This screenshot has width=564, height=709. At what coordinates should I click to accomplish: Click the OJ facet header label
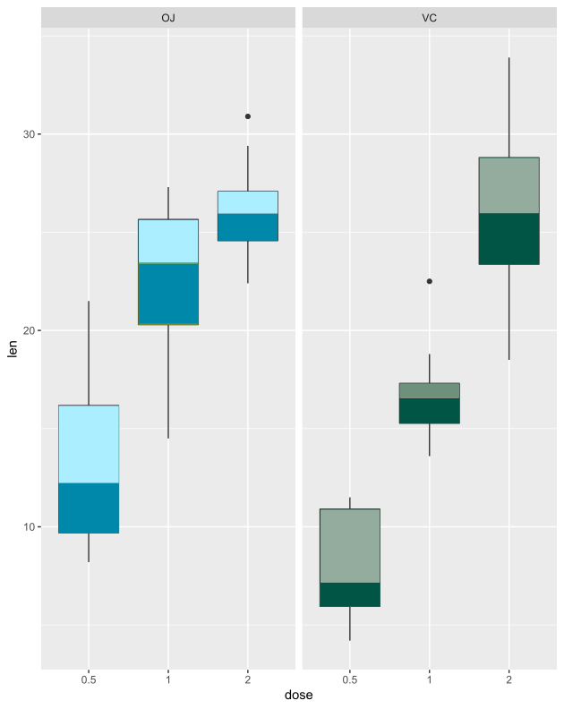click(168, 18)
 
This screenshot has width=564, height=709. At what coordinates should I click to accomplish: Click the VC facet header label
click(430, 18)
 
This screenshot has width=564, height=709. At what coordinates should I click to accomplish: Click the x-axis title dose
click(298, 696)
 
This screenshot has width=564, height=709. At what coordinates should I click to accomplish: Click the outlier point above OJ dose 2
click(248, 116)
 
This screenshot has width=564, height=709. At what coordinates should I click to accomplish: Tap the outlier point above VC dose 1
click(430, 281)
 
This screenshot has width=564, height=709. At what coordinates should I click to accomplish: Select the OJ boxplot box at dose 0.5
click(88, 469)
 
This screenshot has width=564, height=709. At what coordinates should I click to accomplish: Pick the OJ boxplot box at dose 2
click(248, 216)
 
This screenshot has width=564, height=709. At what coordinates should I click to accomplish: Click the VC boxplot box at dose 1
click(430, 403)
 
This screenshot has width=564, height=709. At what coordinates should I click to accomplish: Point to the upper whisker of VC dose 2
click(509, 107)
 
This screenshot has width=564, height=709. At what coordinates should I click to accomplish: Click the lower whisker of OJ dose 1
click(168, 381)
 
